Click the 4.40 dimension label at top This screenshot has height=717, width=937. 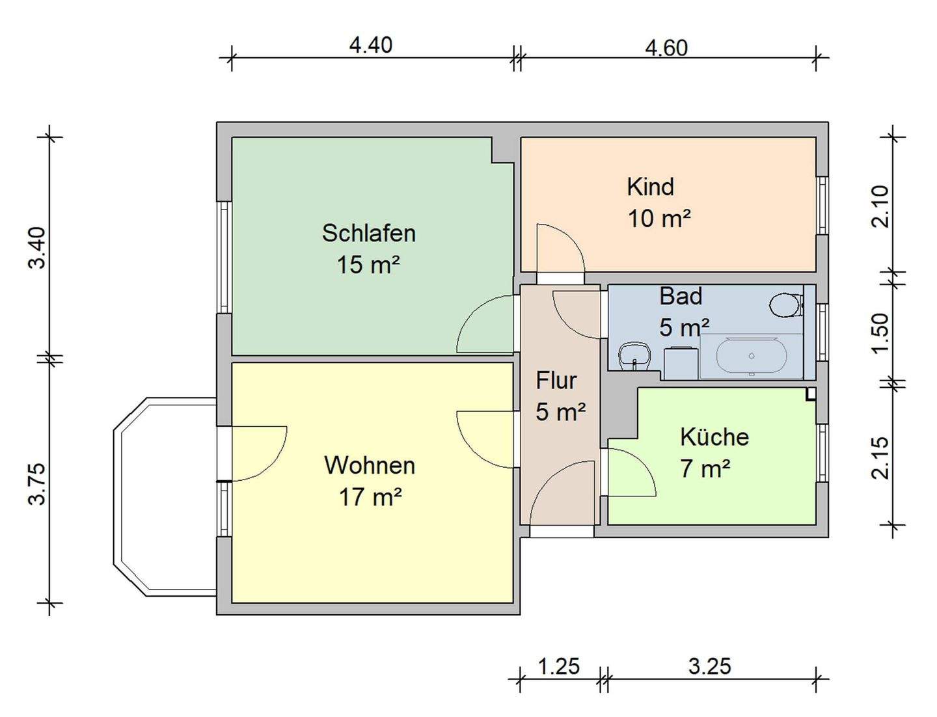coord(371,45)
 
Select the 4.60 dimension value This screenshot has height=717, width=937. coord(666,48)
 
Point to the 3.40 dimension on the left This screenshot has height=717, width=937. coord(37,247)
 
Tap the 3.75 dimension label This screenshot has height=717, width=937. coord(37,483)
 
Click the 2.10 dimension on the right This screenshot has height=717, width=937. coord(880,206)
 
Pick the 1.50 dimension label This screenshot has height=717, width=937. coord(880,334)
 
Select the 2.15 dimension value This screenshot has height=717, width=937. coord(880,457)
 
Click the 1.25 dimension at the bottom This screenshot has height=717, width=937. coord(558,666)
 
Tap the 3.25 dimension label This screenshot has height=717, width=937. coord(710,666)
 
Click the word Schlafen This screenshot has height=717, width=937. coord(368,233)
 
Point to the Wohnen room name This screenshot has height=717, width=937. coord(370,465)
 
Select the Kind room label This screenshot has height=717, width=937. coord(650,187)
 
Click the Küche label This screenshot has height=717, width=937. coord(714,437)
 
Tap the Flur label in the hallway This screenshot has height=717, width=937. coord(556,380)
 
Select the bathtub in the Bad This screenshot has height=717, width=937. coord(752,357)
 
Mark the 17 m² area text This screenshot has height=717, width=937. coord(370,498)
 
